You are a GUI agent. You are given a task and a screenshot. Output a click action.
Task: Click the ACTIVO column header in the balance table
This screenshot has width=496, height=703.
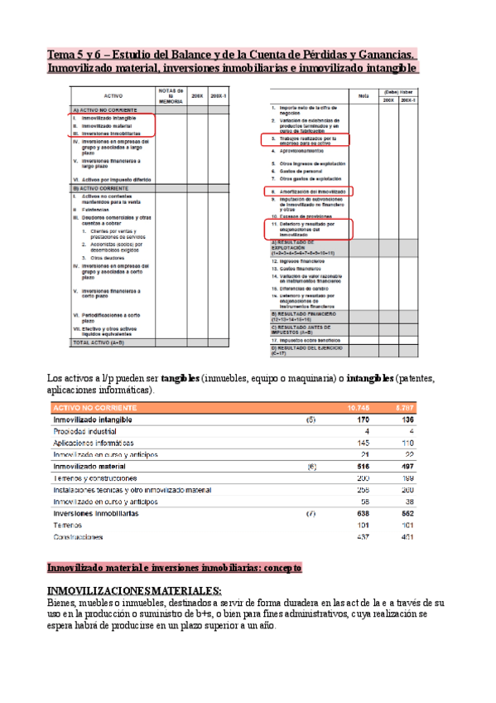113,96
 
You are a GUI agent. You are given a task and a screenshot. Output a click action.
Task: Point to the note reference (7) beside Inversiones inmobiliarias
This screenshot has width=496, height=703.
311,513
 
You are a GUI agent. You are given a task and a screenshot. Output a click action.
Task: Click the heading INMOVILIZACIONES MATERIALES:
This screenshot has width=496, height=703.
133,589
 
